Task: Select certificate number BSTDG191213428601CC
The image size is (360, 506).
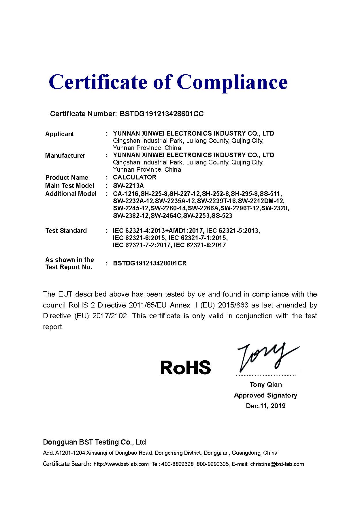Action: point(161,114)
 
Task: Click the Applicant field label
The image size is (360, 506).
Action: point(59,134)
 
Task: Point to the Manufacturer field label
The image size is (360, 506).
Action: point(65,155)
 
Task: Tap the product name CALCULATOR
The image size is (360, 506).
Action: point(135,177)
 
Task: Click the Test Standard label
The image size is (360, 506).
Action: point(66,230)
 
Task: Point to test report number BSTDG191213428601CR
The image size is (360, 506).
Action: point(150,263)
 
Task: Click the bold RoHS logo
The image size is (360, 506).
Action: point(185,367)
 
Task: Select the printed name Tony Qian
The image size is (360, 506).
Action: point(266,385)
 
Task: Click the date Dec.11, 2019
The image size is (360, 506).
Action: point(266,406)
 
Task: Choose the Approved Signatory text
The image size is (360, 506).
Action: point(265,395)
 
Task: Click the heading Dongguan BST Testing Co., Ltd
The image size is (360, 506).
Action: point(94,442)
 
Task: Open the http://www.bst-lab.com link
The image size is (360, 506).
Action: point(121,464)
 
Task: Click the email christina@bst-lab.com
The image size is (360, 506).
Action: point(277,464)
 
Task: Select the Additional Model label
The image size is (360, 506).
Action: point(71,194)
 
